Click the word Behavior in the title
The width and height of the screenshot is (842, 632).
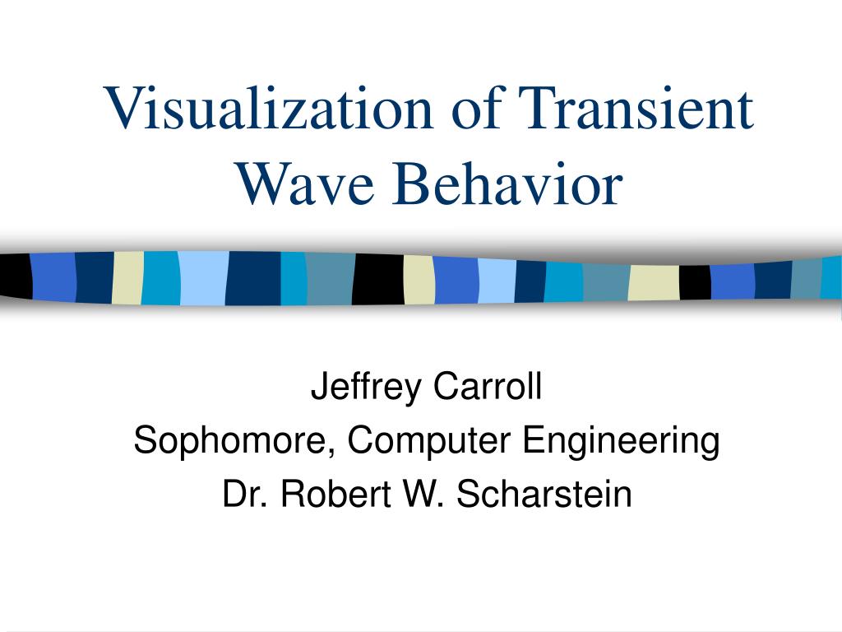pos(507,183)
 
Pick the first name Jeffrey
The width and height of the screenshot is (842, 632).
pos(366,387)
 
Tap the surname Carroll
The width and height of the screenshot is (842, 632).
pos(488,385)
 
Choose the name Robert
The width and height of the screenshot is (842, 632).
pos(335,493)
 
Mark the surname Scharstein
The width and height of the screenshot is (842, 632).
pos(544,493)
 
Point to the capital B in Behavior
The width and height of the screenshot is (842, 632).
pos(409,183)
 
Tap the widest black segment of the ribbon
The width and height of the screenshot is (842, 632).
pos(378,279)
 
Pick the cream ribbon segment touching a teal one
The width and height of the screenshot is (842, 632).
pos(127,278)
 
